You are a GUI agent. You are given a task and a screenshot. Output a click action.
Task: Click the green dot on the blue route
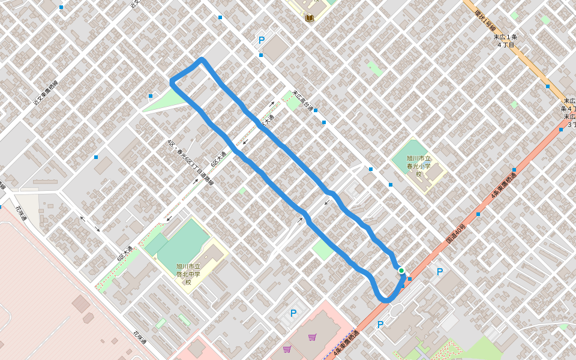tap(401, 271)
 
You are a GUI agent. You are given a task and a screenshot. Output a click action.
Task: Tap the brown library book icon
tap(310, 18)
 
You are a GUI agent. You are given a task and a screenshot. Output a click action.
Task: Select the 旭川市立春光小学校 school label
tap(419, 166)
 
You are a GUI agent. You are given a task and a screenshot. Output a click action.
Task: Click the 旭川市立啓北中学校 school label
tap(188, 274)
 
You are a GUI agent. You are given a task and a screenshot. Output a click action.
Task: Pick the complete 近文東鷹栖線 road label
tap(45, 94)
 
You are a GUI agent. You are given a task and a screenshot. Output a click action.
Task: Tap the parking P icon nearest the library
tap(262, 41)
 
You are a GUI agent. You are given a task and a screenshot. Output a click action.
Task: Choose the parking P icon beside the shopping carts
tap(293, 313)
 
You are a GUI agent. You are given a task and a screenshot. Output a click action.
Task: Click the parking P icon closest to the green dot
tap(440, 272)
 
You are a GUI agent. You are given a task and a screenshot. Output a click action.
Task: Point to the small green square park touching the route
tap(323, 249)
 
